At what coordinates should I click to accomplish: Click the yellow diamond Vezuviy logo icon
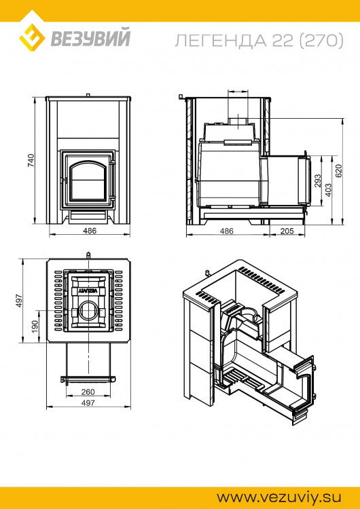[x=32, y=37]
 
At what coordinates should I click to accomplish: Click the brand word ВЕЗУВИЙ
[x=90, y=38]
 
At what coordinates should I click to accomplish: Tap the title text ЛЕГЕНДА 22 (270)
[x=259, y=41]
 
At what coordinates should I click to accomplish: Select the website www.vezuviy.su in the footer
[x=278, y=497]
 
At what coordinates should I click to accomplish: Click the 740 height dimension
[x=31, y=160]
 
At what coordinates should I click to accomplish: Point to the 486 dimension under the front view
[x=90, y=231]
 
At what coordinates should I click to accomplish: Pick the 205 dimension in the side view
[x=287, y=231]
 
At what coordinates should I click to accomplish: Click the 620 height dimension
[x=338, y=171]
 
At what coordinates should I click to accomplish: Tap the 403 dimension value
[x=328, y=190]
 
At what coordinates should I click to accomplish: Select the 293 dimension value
[x=317, y=181]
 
